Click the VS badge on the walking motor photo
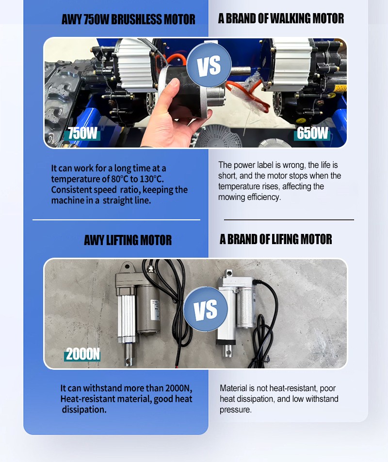coord(209,65)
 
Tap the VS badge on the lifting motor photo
coord(206,310)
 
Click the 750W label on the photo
coord(82,133)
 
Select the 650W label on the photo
coord(312,133)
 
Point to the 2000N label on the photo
coord(82,354)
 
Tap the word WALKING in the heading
coord(290,18)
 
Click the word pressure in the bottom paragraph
coord(236,410)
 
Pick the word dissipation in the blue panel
coord(84,410)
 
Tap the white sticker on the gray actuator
coord(155,310)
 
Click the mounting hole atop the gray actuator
coord(127,266)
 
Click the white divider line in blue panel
coord(116,219)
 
